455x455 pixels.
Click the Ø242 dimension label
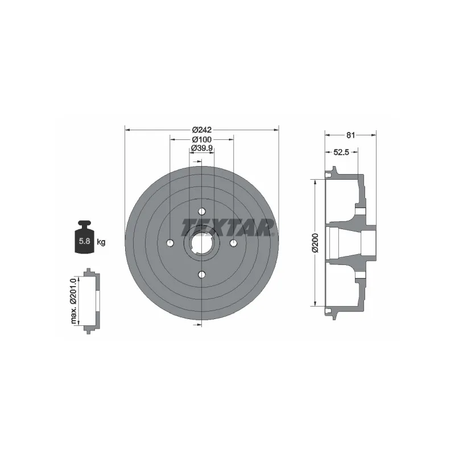(x=202, y=130)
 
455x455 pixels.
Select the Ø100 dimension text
(x=202, y=139)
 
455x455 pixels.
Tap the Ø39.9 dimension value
(x=202, y=148)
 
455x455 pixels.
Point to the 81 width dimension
(x=350, y=135)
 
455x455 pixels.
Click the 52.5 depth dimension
(x=341, y=152)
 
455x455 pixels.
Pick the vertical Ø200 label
(x=316, y=243)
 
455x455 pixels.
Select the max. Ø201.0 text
(x=73, y=301)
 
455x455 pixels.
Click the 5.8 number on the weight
(x=84, y=241)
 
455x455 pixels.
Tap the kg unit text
(x=101, y=242)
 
